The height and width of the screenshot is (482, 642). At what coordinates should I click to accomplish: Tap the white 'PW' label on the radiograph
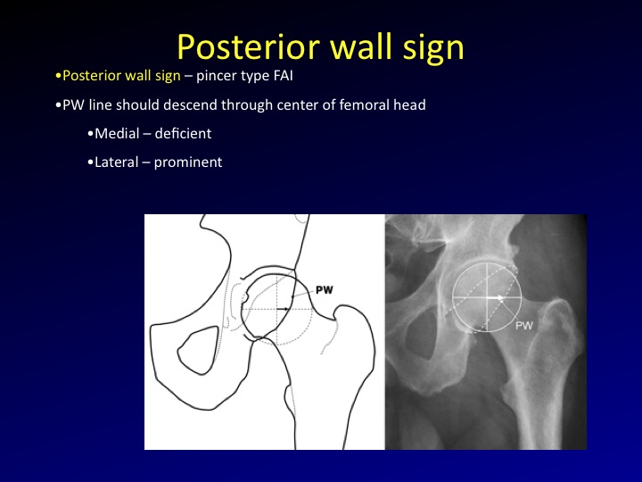tap(524, 326)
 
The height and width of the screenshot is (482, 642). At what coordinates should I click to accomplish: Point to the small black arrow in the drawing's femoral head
tap(283, 308)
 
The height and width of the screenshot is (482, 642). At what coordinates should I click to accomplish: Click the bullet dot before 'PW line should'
tap(57, 105)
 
